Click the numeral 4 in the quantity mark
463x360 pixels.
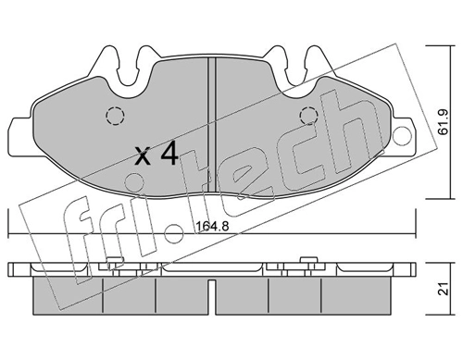pos(169,155)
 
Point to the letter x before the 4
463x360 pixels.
pos(142,156)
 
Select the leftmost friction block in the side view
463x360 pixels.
pos(67,296)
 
